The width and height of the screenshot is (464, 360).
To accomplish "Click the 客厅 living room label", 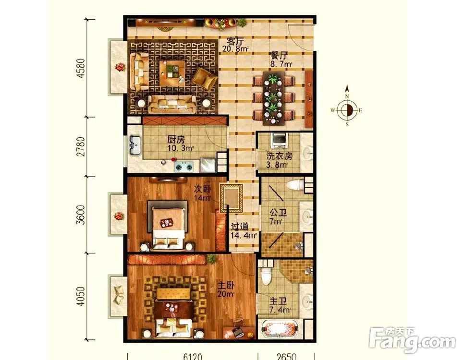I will (230, 41).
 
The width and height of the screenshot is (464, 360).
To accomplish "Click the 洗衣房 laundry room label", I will (280, 156).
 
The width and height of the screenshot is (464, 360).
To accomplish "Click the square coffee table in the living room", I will (171, 73).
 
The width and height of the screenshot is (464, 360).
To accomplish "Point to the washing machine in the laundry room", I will (279, 141).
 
